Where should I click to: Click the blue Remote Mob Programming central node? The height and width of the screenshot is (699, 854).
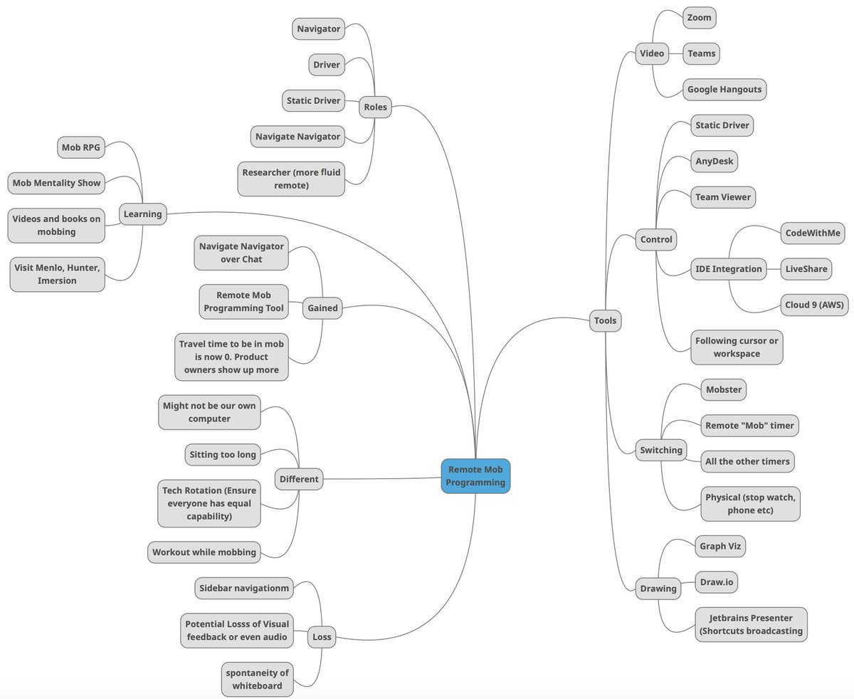[x=475, y=476]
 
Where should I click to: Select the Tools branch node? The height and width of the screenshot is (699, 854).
[x=605, y=321]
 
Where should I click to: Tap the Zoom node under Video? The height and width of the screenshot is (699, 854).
[x=699, y=18]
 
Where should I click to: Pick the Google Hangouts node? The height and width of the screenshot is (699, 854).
[x=724, y=90]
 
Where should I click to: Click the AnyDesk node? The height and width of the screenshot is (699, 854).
[x=714, y=161]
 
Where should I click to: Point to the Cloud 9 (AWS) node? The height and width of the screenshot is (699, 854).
[x=814, y=305]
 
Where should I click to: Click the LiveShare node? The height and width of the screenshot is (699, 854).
[x=806, y=268]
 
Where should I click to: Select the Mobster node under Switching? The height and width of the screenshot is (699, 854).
[x=724, y=389]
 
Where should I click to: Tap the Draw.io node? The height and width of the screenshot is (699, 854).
[x=716, y=582]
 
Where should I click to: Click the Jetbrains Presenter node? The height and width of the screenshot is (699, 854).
[x=751, y=624]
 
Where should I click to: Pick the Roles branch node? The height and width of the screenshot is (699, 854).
[x=375, y=107]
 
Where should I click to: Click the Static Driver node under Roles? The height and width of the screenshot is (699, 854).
[x=313, y=100]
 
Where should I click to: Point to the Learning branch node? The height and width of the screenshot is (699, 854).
[x=142, y=214]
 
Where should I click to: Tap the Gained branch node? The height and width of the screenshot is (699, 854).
[x=322, y=308]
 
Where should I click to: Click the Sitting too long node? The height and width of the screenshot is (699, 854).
[x=223, y=454]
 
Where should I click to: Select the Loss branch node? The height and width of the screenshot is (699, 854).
[x=322, y=637]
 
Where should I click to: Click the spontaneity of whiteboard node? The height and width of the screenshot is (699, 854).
[x=257, y=679]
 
